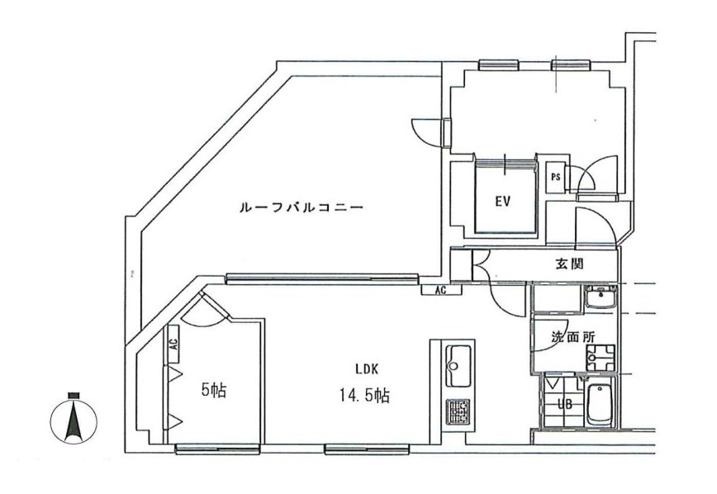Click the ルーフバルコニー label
point(300,208)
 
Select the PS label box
point(556,176)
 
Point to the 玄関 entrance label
point(570,264)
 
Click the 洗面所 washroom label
point(567,338)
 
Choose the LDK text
point(368,369)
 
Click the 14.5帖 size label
point(365,397)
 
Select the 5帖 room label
point(213,390)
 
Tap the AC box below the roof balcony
point(440,290)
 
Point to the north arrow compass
point(74,420)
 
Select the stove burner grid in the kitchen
point(457,411)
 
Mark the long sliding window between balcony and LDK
point(322,278)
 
